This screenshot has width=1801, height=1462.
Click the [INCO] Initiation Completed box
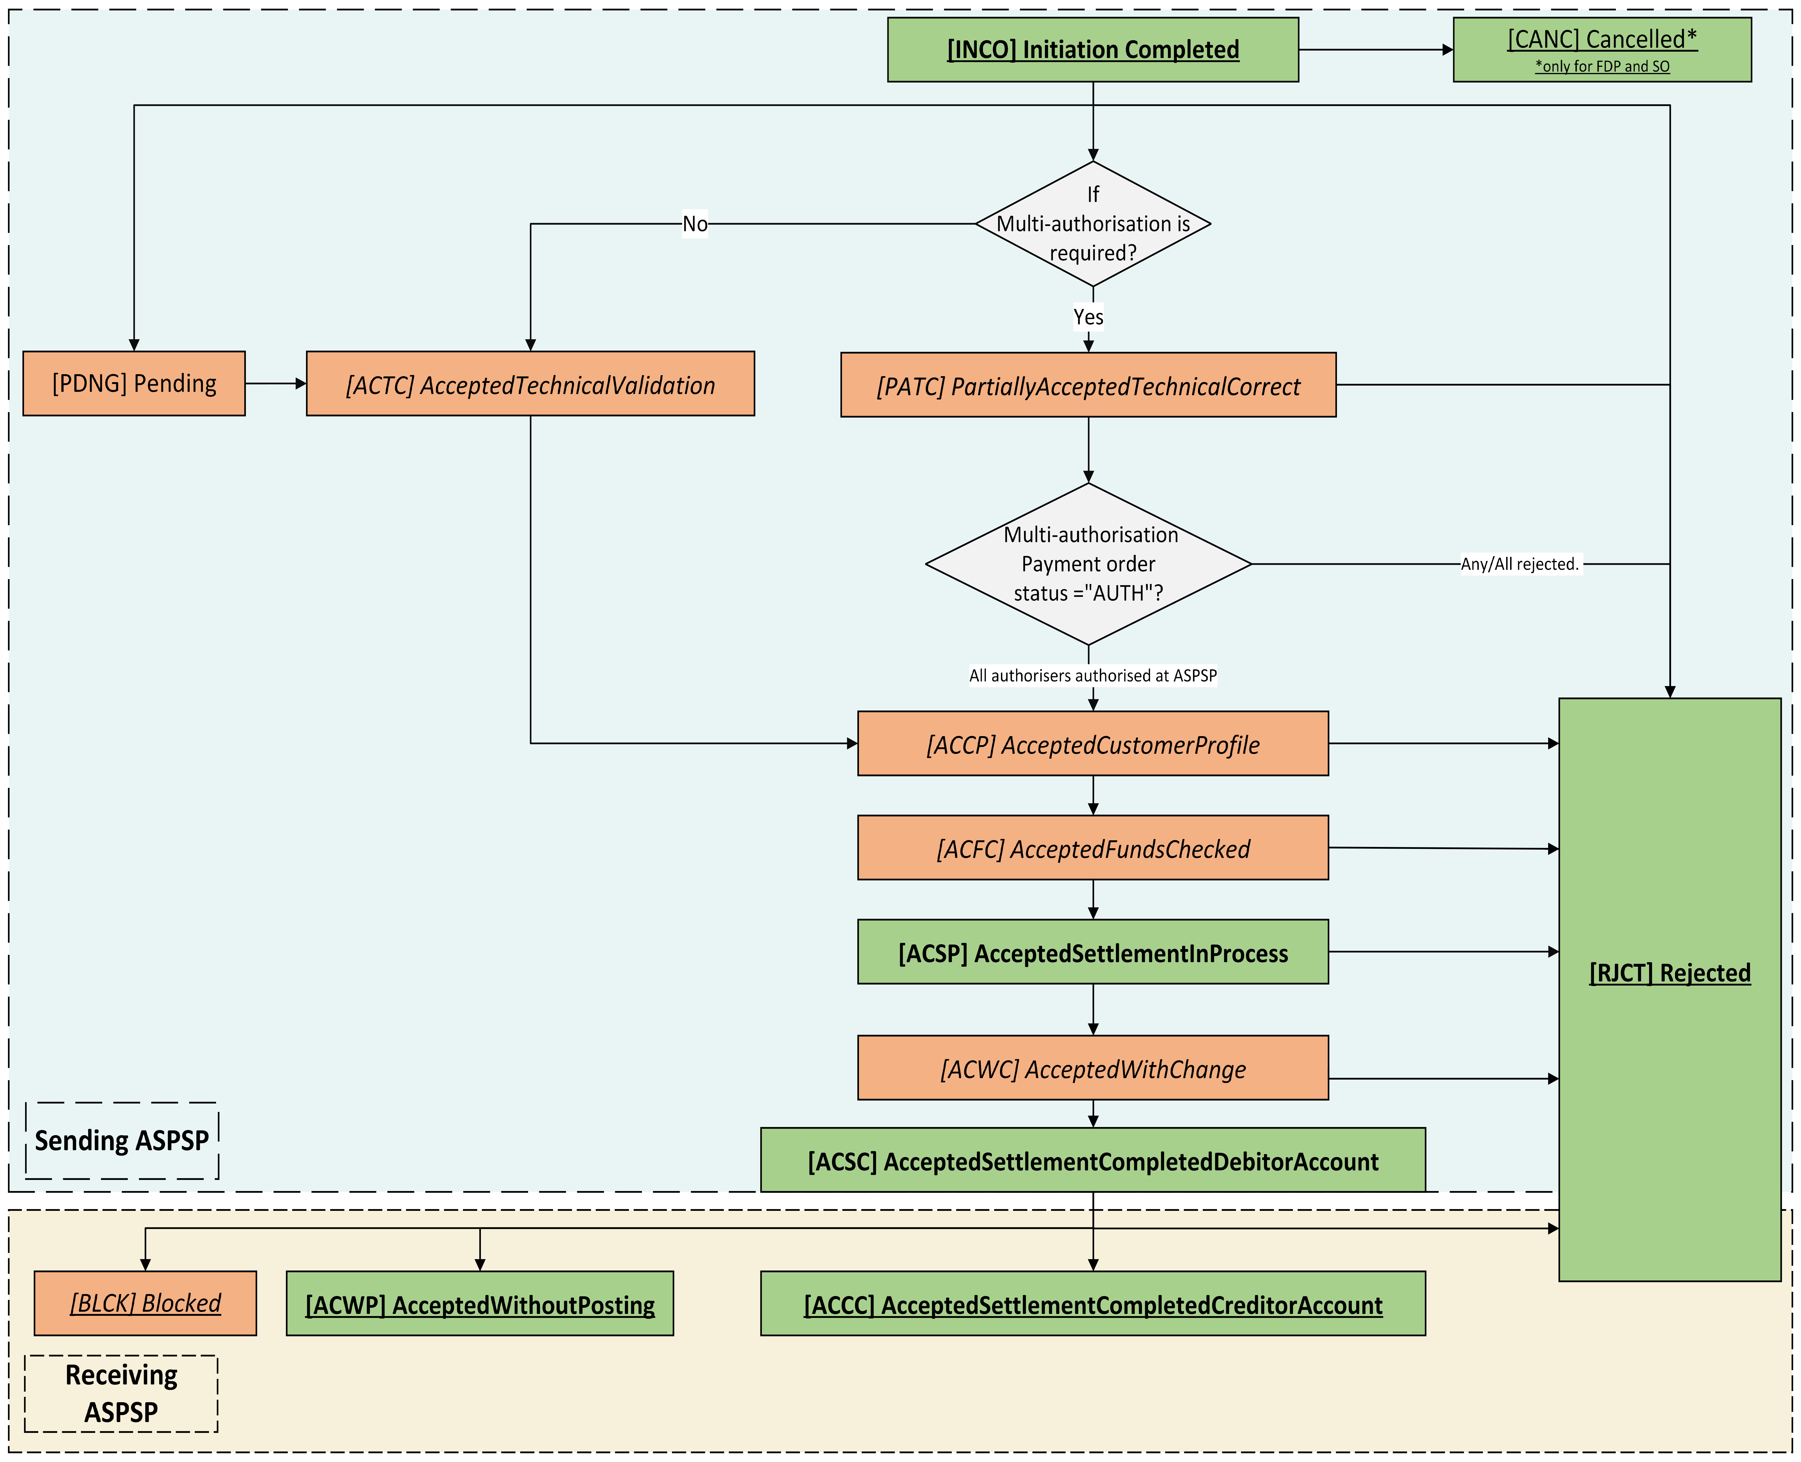(1093, 50)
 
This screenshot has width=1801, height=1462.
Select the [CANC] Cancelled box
(1602, 50)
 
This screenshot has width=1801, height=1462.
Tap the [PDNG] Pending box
(134, 383)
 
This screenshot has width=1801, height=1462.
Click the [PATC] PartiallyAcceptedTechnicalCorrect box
(1088, 385)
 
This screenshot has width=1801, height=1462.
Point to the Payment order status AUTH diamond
(1088, 564)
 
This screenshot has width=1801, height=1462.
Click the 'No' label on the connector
(695, 224)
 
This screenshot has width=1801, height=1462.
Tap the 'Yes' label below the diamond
(1088, 317)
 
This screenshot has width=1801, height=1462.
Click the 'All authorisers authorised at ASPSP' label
(1093, 676)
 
